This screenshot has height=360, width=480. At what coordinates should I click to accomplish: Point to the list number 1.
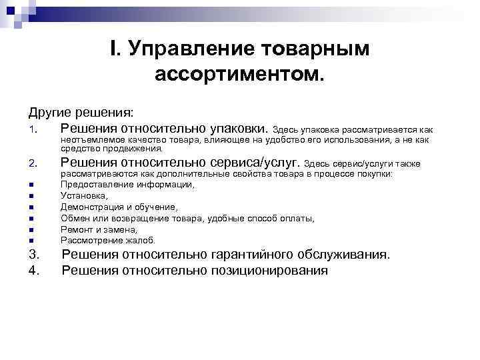point(33,129)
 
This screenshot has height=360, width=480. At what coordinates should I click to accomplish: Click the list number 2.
point(33,163)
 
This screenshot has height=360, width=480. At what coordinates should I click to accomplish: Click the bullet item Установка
point(84,195)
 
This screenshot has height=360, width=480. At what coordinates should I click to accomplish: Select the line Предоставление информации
point(127,184)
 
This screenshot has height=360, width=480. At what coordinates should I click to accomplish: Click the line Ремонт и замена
point(99,229)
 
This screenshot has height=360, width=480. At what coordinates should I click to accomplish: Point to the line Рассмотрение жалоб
point(107,240)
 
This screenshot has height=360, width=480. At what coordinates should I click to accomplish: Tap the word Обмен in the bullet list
point(75,218)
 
